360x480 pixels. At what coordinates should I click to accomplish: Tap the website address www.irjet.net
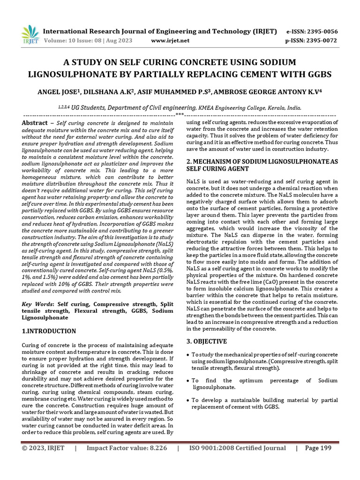tap(170, 40)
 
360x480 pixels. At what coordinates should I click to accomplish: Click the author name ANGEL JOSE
tap(57, 92)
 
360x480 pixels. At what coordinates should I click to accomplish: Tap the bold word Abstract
tap(35, 122)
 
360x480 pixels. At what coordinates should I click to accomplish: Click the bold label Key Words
tap(38, 304)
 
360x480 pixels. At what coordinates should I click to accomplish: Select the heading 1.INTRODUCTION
tap(49, 331)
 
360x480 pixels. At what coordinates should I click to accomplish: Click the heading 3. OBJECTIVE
tap(207, 341)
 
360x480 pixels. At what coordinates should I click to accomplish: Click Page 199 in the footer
tap(318, 448)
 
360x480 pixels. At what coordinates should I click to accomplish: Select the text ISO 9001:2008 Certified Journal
tap(237, 448)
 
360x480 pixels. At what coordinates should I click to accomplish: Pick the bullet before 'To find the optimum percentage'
tap(188, 381)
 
